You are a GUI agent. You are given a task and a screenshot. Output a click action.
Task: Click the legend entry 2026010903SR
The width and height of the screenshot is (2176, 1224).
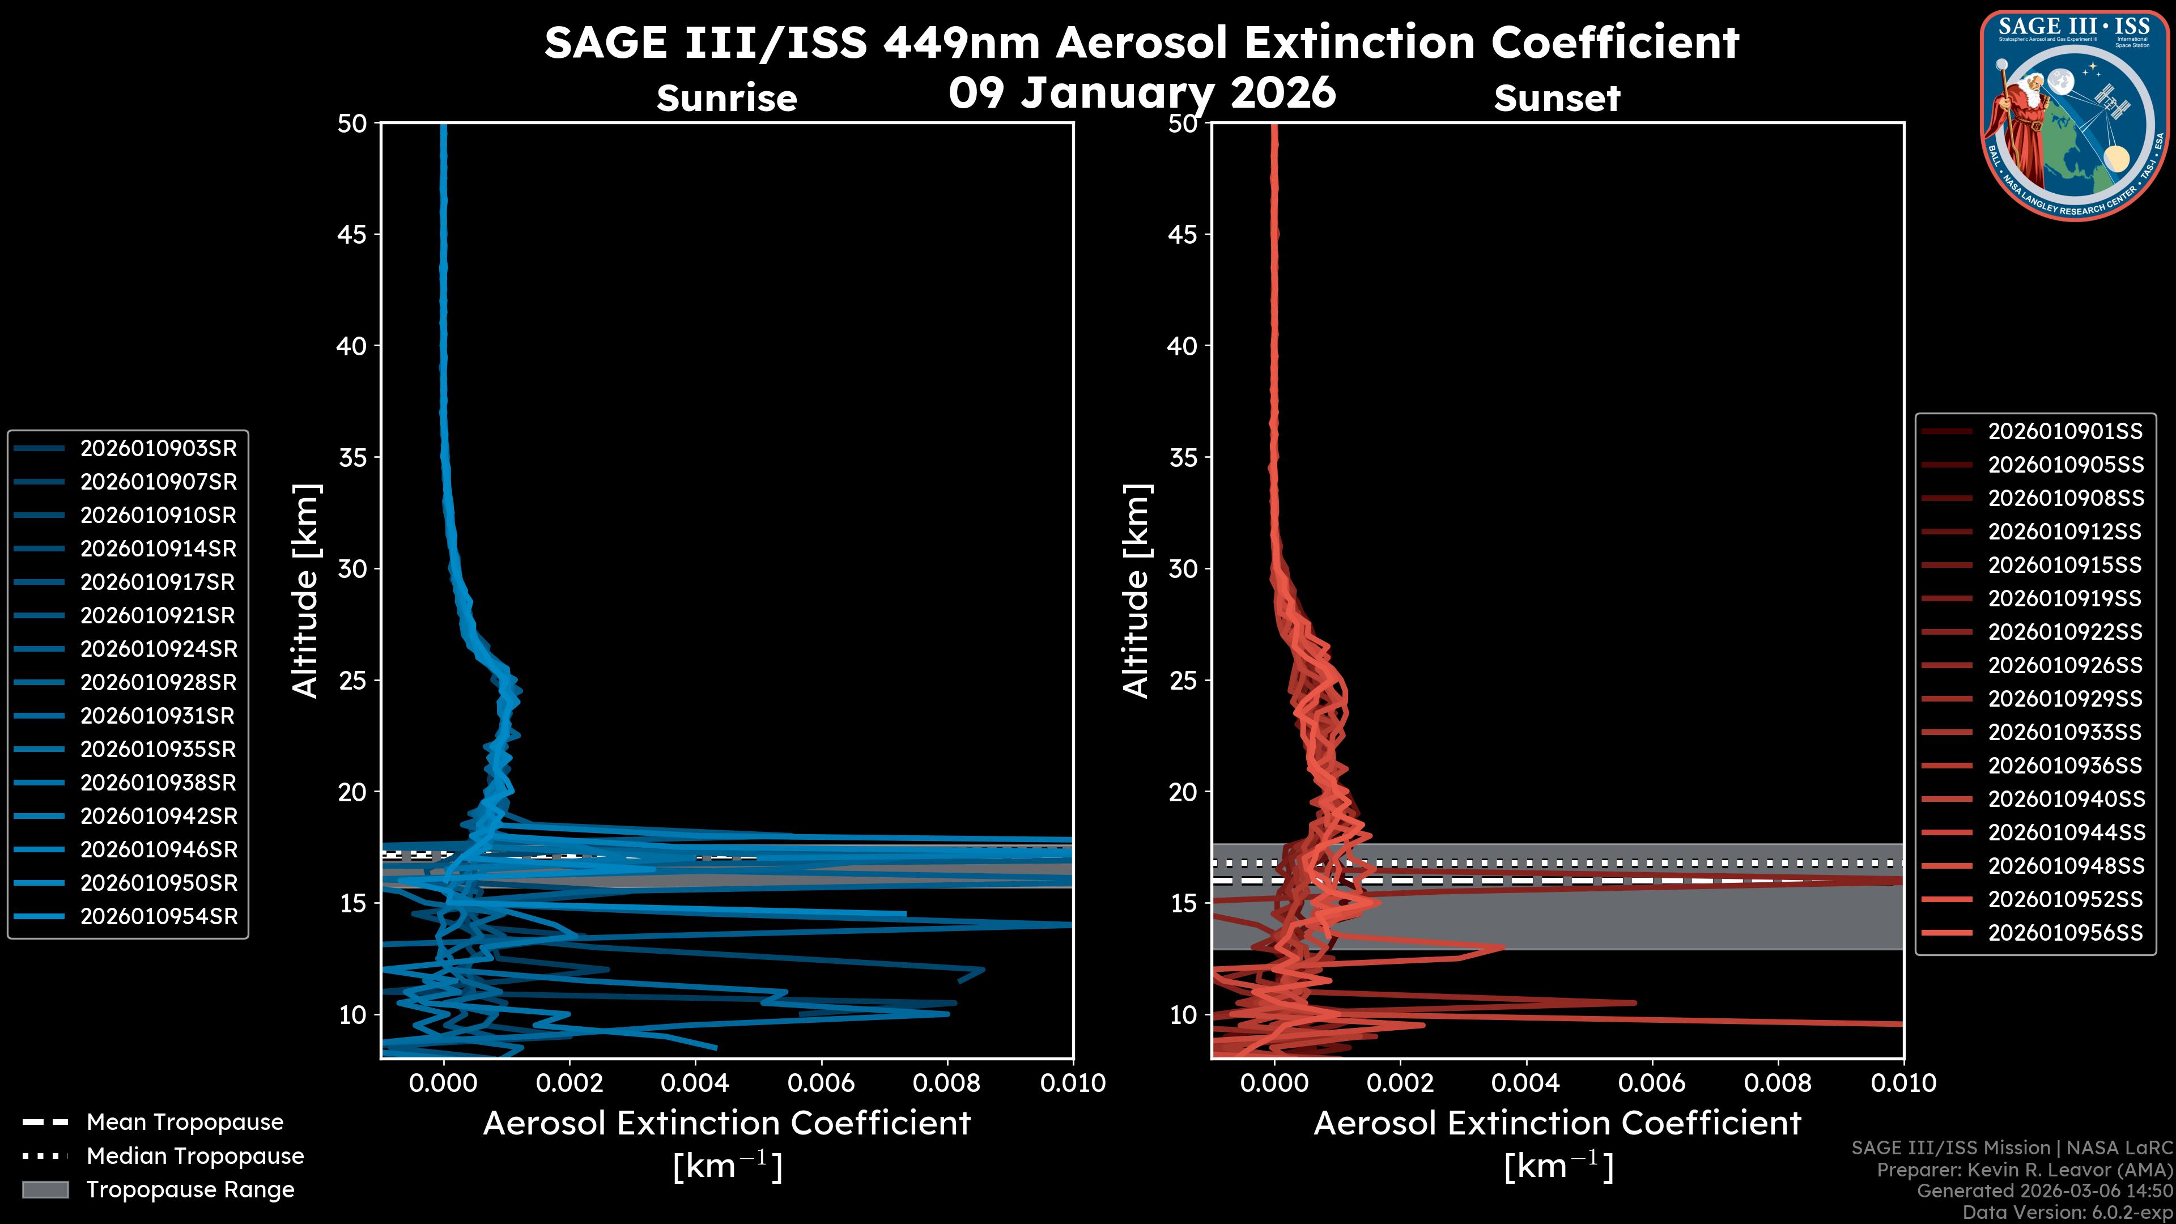coord(158,449)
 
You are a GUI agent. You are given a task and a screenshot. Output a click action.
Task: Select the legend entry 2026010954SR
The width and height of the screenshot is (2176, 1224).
coord(159,916)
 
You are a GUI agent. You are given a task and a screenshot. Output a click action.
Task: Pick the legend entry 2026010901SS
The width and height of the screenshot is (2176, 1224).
coord(2064,432)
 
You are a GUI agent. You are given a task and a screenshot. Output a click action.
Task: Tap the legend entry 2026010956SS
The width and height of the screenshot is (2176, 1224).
coord(2064,933)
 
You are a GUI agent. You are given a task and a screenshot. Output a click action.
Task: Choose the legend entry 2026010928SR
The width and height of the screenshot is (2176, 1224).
coord(158,682)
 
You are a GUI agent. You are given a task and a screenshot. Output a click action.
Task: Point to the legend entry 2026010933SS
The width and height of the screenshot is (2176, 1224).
coord(2064,732)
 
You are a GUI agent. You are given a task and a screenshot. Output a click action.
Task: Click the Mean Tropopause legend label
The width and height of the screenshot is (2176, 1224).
coord(184,1123)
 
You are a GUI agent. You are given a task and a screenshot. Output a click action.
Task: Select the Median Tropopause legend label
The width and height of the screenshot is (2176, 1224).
coord(194,1157)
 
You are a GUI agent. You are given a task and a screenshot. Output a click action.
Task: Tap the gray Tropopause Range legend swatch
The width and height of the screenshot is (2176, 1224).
coord(45,1189)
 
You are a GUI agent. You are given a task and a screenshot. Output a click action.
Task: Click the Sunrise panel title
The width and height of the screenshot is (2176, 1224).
coord(726,99)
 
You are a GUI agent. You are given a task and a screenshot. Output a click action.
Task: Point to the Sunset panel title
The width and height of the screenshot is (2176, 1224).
coord(1557,99)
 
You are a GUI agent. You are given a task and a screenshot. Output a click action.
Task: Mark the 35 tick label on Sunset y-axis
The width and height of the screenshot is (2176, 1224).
coord(1183,458)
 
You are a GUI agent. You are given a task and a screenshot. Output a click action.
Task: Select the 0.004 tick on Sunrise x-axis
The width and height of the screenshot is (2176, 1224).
coord(694,1083)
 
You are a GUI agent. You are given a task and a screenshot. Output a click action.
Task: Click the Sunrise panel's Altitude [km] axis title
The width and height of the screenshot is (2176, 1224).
coord(305,590)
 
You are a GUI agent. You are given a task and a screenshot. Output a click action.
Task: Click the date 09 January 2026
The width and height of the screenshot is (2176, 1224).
coord(1142,93)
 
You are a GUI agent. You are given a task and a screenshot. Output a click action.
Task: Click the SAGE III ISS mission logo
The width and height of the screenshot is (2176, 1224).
coord(2072,114)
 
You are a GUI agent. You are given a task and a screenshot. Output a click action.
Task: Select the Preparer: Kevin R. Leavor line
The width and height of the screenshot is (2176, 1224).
coord(2024,1170)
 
